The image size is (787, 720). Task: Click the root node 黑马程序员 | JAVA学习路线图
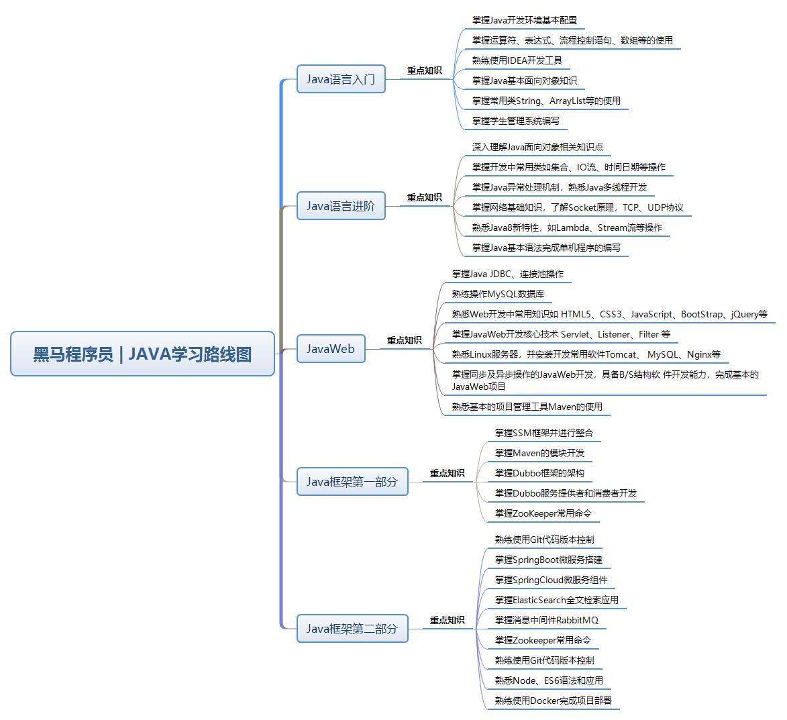(142, 354)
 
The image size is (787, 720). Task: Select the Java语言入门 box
(341, 79)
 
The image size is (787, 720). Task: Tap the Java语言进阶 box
(341, 206)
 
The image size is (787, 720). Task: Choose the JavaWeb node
(331, 349)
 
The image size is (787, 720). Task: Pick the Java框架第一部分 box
(352, 482)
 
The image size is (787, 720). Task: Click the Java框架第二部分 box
(352, 629)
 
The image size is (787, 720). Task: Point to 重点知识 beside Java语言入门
(425, 70)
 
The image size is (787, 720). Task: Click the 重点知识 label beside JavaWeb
(405, 340)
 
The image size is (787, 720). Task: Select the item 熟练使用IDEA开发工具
(517, 60)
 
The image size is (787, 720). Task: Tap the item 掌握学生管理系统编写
(516, 121)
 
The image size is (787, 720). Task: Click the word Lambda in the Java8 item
(572, 227)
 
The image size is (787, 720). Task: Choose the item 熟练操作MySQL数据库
(498, 294)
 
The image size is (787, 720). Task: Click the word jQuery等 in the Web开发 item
(749, 314)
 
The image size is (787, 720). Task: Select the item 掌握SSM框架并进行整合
(544, 433)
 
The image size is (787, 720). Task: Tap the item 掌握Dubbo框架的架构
(539, 473)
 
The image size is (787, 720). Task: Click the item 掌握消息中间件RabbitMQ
(547, 620)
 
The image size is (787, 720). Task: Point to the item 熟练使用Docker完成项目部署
(554, 701)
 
